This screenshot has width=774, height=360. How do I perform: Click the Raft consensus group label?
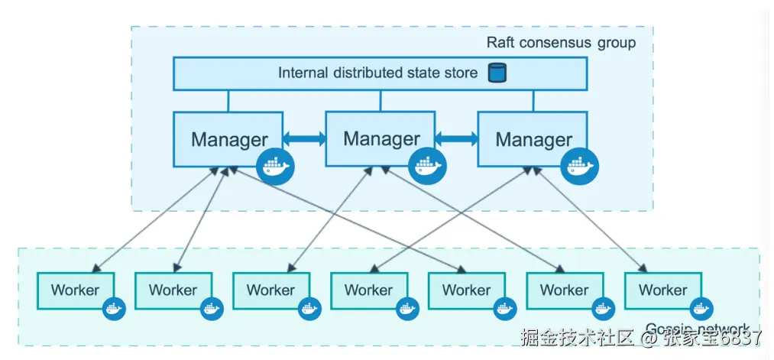point(561,42)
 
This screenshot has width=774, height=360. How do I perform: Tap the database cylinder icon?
point(497,73)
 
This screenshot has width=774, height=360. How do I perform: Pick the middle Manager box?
point(381,139)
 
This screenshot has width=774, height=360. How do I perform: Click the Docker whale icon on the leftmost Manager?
point(275,167)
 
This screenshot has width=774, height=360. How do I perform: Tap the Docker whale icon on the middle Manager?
point(427,166)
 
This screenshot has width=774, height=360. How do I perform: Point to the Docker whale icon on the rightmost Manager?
point(580,166)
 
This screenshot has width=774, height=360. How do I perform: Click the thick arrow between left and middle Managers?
point(304,138)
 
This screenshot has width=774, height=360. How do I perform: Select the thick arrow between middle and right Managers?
point(457,138)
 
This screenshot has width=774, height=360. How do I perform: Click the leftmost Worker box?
point(75,290)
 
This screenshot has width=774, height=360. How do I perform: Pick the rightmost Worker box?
point(662,290)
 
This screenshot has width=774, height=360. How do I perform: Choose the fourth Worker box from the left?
point(368,290)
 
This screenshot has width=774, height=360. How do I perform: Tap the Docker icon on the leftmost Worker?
point(113,309)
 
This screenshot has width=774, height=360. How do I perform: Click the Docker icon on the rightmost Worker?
point(699,309)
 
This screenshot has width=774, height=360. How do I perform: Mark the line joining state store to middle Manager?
point(381,100)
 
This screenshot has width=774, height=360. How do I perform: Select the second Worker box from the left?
point(173,290)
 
